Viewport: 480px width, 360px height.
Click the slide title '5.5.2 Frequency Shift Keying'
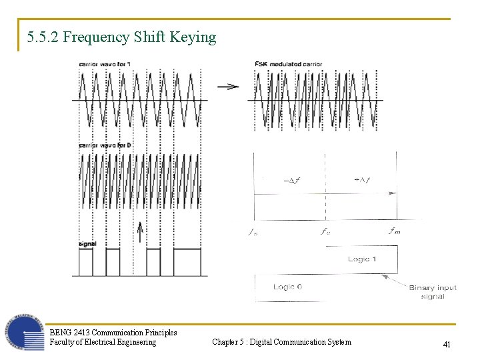[x=122, y=37]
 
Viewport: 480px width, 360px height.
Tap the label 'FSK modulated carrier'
[x=288, y=64]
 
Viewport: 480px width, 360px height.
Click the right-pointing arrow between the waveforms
[x=228, y=86]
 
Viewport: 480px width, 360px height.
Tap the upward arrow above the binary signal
[x=140, y=231]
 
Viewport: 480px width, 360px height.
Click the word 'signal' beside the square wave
[x=87, y=244]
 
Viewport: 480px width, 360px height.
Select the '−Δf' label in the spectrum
[x=291, y=180]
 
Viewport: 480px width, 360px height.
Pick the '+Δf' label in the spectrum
[x=362, y=180]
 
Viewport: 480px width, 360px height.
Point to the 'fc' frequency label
[x=325, y=232]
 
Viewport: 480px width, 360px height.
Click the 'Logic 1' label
[x=362, y=259]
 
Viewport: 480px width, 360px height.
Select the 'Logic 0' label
[x=287, y=287]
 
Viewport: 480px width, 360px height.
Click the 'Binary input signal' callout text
[x=433, y=292]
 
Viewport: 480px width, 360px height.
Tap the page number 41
[x=447, y=344]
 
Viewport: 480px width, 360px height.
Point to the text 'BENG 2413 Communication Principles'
[x=113, y=332]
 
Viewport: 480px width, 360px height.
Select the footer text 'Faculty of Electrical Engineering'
[x=103, y=342]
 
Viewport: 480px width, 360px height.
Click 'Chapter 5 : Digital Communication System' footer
[x=281, y=342]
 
